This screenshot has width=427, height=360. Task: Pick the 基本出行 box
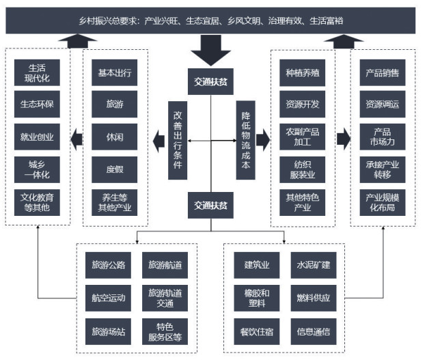114,72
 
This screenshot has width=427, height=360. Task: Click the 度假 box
114,168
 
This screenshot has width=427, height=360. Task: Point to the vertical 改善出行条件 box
178,140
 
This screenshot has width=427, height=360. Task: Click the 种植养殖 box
303,72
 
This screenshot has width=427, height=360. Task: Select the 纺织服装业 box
303,169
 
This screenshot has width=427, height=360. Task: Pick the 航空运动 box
109,298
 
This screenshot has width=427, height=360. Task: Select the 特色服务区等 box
165,331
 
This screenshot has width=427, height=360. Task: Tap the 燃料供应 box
313,298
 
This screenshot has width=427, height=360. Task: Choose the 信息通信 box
313,331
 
